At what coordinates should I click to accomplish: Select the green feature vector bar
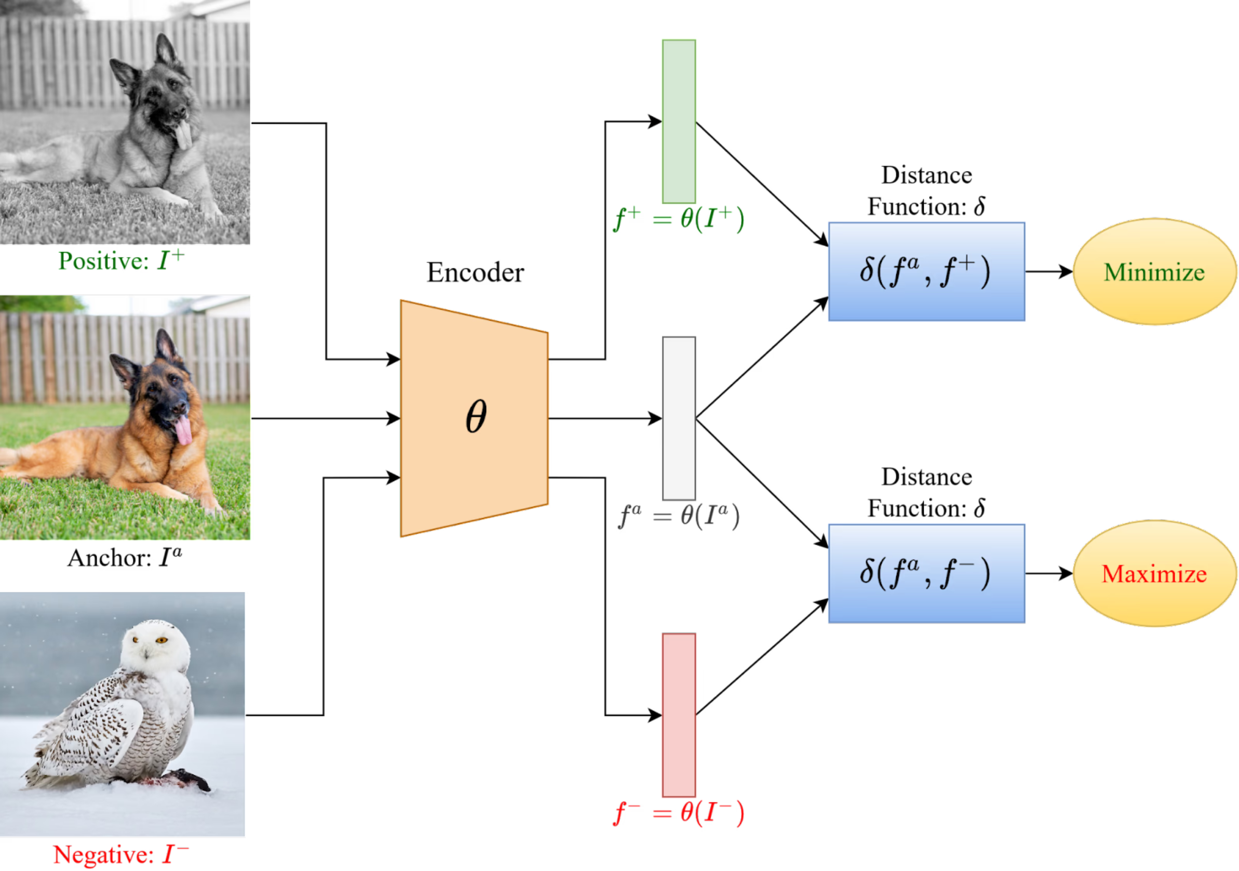(679, 121)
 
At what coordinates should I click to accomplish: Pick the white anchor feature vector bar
(679, 418)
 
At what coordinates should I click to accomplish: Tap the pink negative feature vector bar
(679, 715)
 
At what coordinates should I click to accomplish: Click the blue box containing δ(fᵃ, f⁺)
(926, 272)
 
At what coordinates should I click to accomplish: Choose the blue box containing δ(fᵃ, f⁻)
(926, 573)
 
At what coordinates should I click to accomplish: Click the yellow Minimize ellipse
(1154, 272)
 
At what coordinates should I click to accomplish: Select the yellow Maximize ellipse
(1154, 573)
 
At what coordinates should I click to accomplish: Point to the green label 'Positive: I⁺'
(121, 261)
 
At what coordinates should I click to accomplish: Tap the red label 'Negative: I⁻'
(121, 855)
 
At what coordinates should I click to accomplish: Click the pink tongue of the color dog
(183, 430)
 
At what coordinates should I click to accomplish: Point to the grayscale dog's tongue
(183, 135)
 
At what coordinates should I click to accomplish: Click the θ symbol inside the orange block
(476, 416)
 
